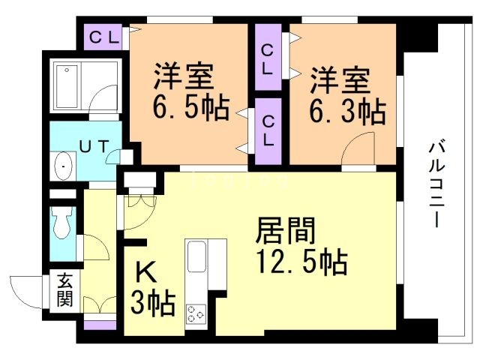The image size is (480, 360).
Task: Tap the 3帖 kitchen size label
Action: point(153,304)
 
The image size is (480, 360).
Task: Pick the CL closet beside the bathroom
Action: point(105,37)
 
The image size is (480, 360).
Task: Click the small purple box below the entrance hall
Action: point(100,325)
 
